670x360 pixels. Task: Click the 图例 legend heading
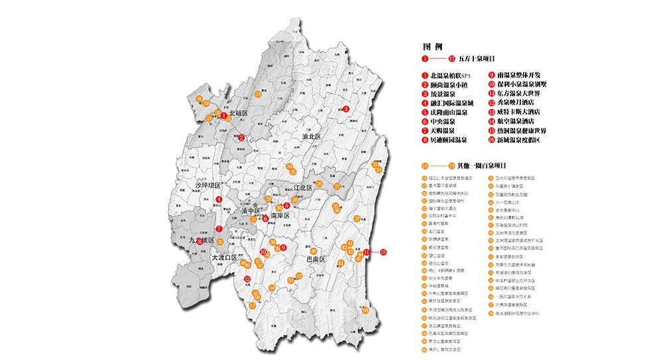coord(432,47)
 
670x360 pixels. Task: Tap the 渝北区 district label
coord(310,136)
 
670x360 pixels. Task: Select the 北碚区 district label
coord(239,114)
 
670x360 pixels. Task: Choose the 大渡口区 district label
coord(224,257)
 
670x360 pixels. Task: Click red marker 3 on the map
coord(346,110)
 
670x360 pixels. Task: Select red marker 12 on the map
coord(247,279)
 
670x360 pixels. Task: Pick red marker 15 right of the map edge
coord(383,252)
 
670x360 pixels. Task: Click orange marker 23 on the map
coord(257,94)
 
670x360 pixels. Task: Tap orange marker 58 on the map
coord(366,310)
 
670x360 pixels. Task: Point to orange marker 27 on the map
coord(336,187)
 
